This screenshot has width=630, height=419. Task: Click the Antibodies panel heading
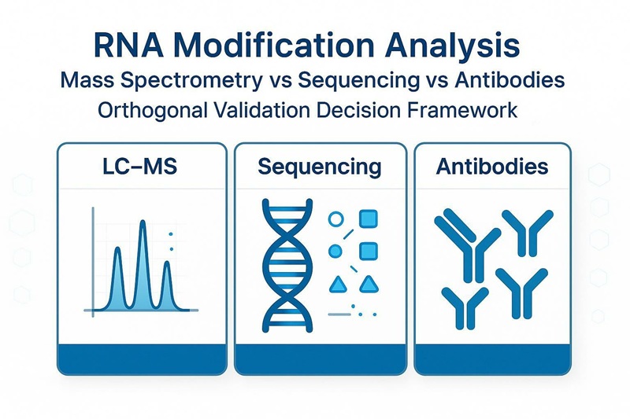492,167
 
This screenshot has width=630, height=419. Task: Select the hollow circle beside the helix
335,221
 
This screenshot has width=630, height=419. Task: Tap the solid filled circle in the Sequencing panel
334,251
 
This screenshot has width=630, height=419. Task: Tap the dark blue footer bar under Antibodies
493,357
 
